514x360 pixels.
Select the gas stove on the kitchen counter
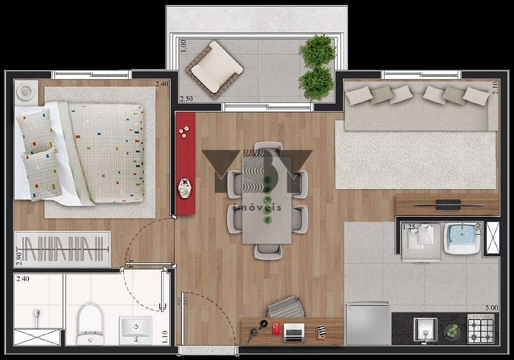point(480,328)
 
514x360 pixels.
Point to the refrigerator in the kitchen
point(368,323)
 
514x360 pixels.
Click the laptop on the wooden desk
point(293,332)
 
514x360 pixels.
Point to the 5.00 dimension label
point(491,308)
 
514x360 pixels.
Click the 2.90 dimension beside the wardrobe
point(19,258)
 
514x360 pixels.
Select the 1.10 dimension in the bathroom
point(165,337)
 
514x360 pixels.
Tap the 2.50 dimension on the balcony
point(186,99)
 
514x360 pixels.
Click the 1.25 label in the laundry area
point(409,227)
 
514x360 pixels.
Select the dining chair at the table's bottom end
point(268,252)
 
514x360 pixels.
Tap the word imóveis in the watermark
point(258,207)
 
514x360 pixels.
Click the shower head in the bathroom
point(37,315)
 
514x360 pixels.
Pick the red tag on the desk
point(276,328)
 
